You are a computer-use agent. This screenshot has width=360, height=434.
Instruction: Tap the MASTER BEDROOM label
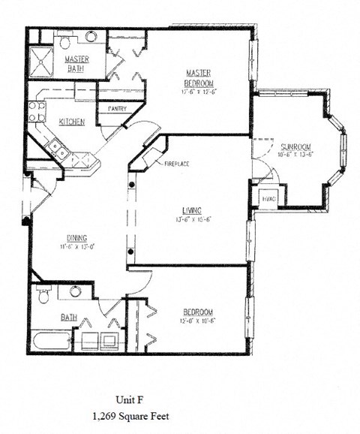click(x=200, y=77)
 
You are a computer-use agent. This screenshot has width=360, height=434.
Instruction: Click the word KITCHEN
click(x=71, y=122)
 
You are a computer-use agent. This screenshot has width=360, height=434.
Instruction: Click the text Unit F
click(x=134, y=399)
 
